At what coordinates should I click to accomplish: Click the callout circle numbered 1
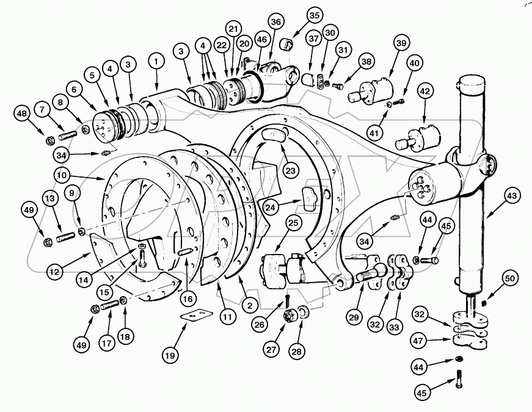[x=156, y=62]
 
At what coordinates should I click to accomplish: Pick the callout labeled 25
[x=293, y=224]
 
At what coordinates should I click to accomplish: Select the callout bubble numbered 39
[x=400, y=43]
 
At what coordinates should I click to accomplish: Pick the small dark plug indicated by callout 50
[x=485, y=303]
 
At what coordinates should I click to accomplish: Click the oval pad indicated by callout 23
[x=272, y=136]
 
